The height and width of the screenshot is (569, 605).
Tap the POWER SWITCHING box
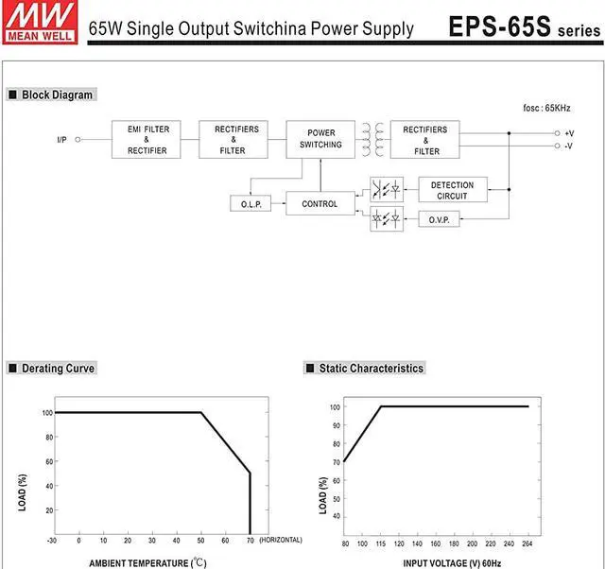320,139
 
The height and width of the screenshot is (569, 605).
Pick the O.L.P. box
250,203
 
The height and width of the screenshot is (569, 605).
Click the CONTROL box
320,203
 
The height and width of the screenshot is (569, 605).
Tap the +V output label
569,133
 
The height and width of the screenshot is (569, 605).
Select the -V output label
569,146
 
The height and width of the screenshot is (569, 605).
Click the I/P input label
61,140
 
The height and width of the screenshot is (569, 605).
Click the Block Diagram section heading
57,95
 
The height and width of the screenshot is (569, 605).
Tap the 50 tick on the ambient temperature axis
200,541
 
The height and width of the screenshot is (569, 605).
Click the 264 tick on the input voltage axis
527,545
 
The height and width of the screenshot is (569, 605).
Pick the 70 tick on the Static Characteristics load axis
335,462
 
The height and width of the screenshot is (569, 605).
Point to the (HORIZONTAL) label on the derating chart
281,541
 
